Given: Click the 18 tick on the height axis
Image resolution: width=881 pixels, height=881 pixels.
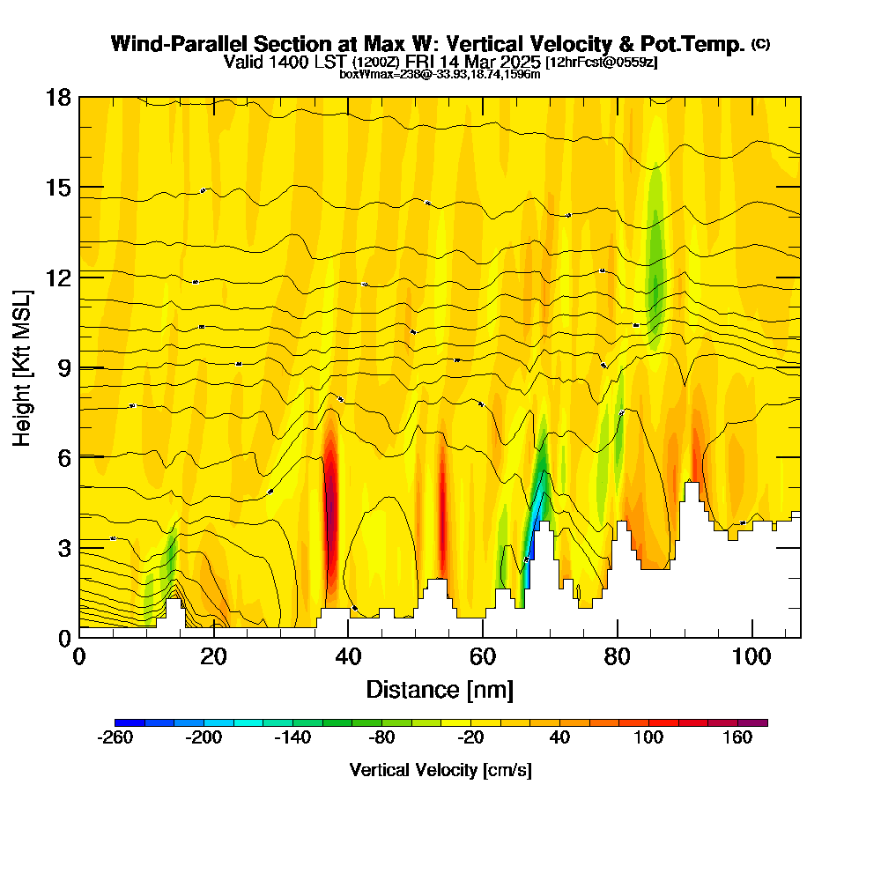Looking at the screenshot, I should (79, 97).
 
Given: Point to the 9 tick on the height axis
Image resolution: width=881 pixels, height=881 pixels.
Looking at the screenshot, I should (79, 366).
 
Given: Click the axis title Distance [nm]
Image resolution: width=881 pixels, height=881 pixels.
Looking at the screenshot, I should (440, 689).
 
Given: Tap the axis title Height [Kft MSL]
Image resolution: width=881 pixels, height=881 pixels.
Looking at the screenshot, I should (23, 366).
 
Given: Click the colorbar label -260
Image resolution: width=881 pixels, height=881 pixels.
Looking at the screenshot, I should (115, 738).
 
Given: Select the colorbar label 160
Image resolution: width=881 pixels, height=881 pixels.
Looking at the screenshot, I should (737, 738).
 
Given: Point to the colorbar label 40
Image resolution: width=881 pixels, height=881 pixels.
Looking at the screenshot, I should (559, 738).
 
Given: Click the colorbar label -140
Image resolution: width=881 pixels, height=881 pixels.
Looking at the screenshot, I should (292, 738).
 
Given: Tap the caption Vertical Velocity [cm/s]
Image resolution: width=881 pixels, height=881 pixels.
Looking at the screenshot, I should (440, 770).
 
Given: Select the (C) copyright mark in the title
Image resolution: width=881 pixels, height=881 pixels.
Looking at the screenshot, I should (760, 44).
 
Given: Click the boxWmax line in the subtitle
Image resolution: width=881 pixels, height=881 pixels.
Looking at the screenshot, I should (440, 74).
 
